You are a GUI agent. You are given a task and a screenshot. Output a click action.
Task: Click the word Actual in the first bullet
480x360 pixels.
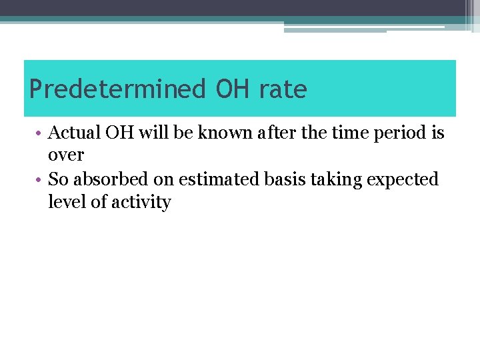click(75, 133)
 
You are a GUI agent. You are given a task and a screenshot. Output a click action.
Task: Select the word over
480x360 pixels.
click(66, 155)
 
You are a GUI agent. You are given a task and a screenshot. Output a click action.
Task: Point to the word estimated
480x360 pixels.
click(209, 179)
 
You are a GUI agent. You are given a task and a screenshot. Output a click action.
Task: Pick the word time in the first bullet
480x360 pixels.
click(340, 133)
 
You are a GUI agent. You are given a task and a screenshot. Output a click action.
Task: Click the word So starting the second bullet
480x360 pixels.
click(58, 179)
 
